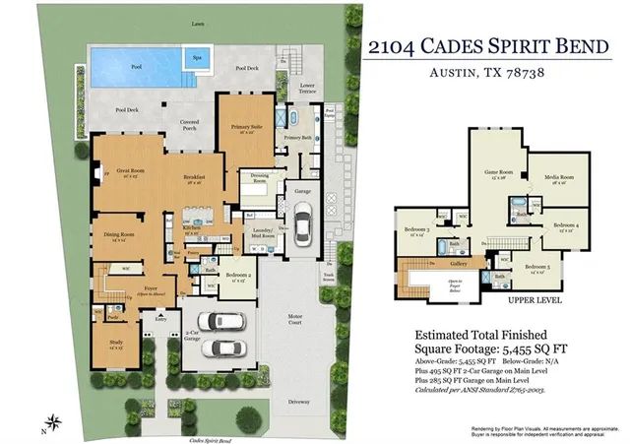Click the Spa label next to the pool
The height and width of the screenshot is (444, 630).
click(198, 57)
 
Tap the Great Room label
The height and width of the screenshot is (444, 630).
click(132, 171)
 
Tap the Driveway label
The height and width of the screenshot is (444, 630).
click(300, 402)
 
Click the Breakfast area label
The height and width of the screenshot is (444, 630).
click(192, 178)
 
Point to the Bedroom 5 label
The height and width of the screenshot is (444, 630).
click(536, 268)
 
